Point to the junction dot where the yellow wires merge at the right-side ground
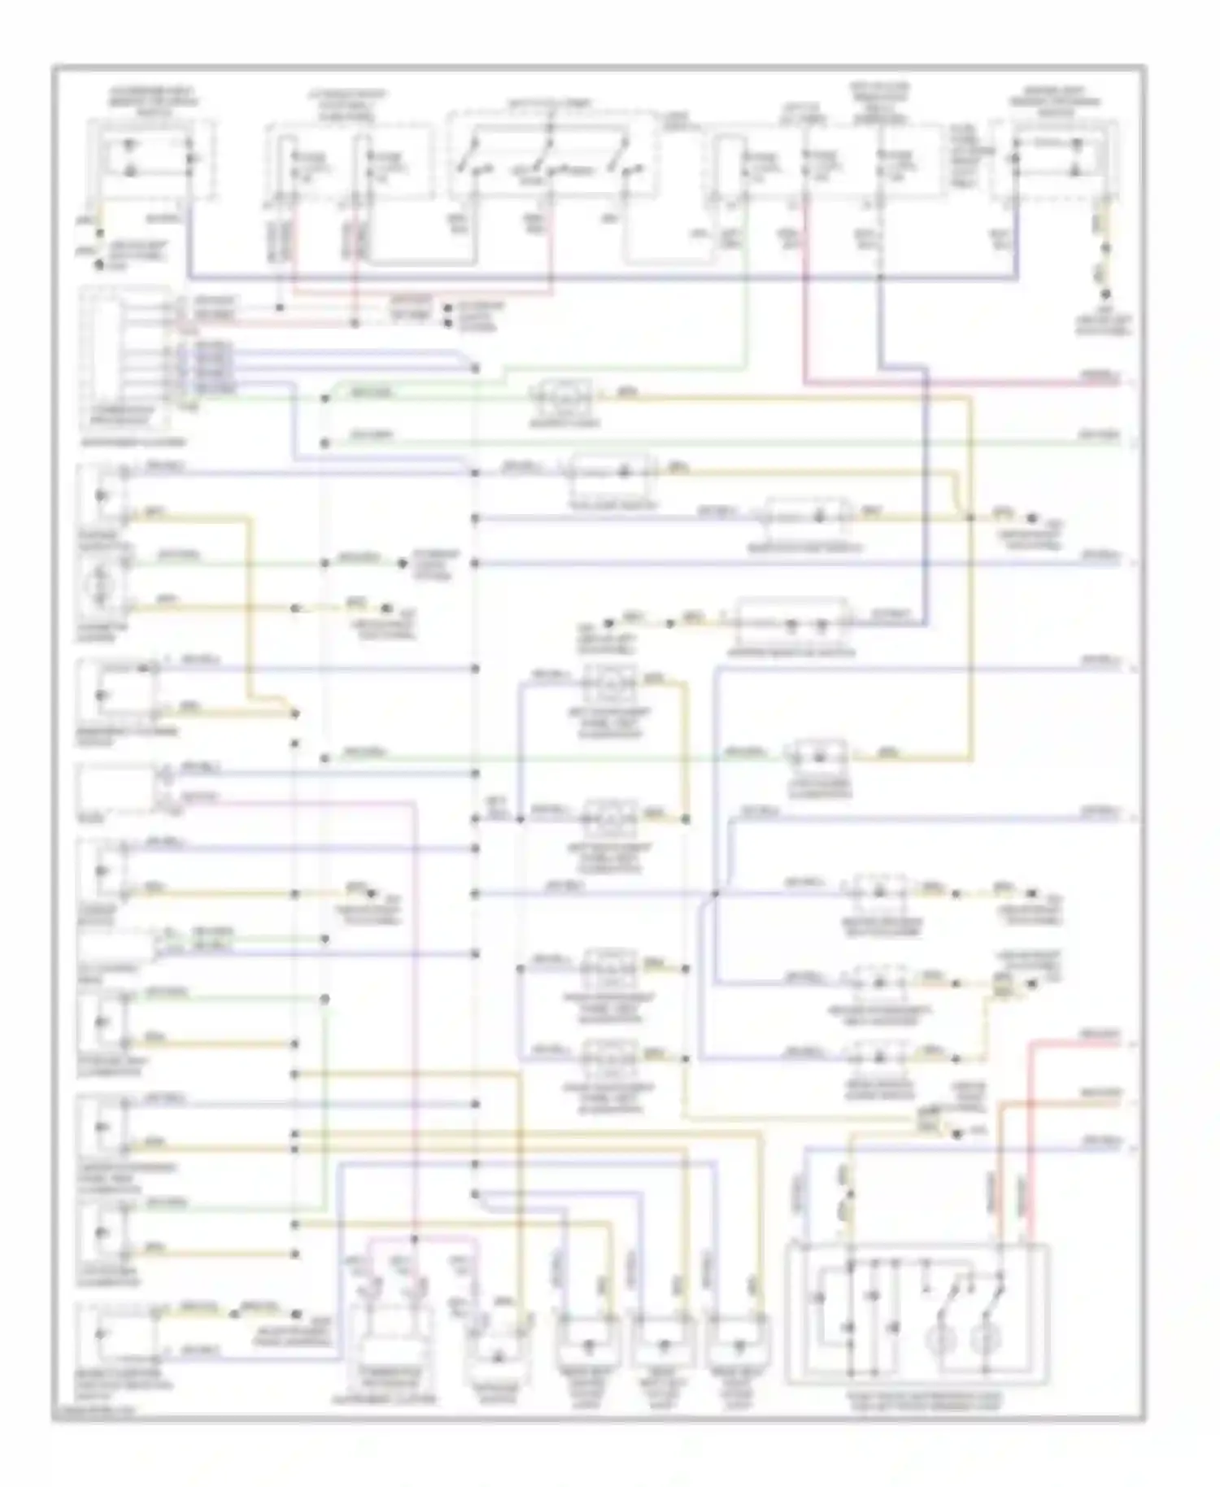click(969, 517)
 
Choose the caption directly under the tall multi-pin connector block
click(122, 442)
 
